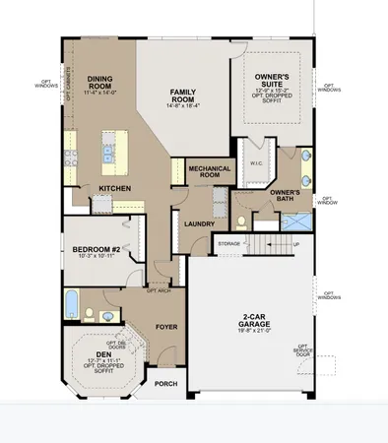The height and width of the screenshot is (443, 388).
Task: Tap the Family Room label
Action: point(182,95)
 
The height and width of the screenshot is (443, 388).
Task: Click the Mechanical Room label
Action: point(208,171)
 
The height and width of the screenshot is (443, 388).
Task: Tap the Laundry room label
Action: point(200,223)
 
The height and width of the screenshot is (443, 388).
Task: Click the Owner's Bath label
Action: point(284,195)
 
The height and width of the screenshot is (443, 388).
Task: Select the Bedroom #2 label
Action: point(96,253)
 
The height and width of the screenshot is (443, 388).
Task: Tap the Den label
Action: point(101,356)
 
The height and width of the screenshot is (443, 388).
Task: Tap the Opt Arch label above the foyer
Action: point(159,290)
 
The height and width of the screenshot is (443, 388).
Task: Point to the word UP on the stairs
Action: point(296,242)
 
